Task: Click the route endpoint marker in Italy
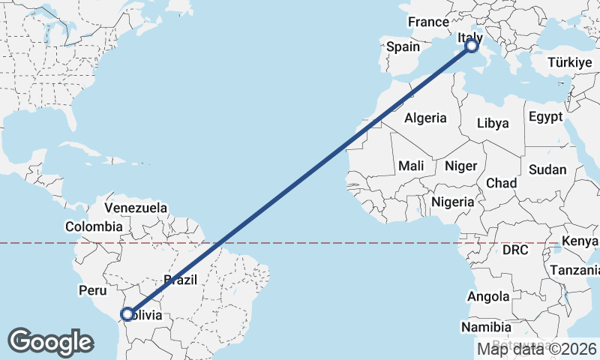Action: pyautogui.click(x=472, y=46)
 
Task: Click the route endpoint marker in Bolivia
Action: pyautogui.click(x=127, y=313)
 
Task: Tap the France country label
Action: pyautogui.click(x=428, y=22)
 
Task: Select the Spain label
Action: pyautogui.click(x=403, y=47)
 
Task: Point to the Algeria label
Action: pyautogui.click(x=425, y=118)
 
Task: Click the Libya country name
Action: pyautogui.click(x=493, y=123)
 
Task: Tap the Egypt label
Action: pyautogui.click(x=545, y=117)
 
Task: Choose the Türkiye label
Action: pyautogui.click(x=570, y=63)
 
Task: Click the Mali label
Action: pyautogui.click(x=411, y=166)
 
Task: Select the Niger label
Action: pyautogui.click(x=460, y=166)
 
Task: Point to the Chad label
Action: pyautogui.click(x=501, y=183)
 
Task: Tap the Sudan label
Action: pyautogui.click(x=547, y=169)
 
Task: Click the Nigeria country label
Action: pyautogui.click(x=453, y=202)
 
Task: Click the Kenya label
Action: pyautogui.click(x=580, y=241)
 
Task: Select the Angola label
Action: pyautogui.click(x=488, y=297)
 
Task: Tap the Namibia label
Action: pyautogui.click(x=487, y=328)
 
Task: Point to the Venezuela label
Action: pyautogui.click(x=136, y=207)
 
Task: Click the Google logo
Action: pyautogui.click(x=50, y=342)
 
